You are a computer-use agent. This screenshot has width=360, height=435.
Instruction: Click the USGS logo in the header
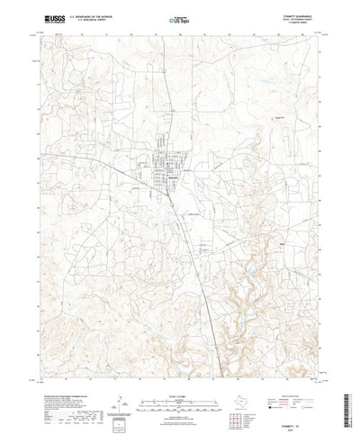42,15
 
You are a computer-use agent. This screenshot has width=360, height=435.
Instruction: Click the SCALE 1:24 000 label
179,363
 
